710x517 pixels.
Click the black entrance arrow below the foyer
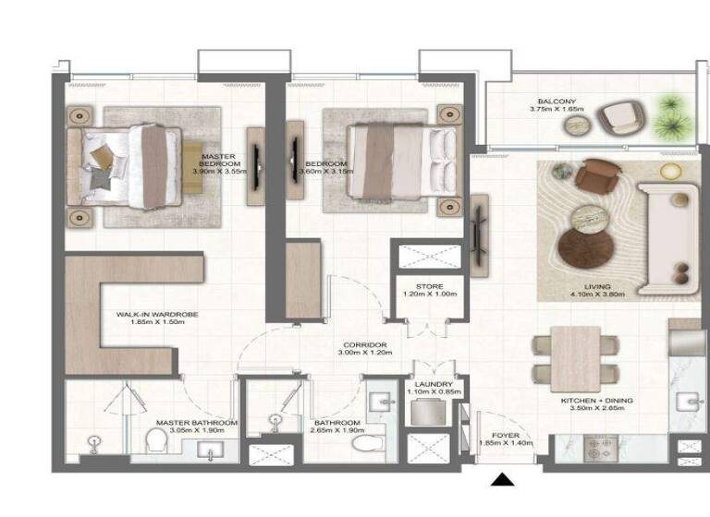502,479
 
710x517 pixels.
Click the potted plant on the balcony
668,115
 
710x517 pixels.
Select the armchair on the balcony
616,118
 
